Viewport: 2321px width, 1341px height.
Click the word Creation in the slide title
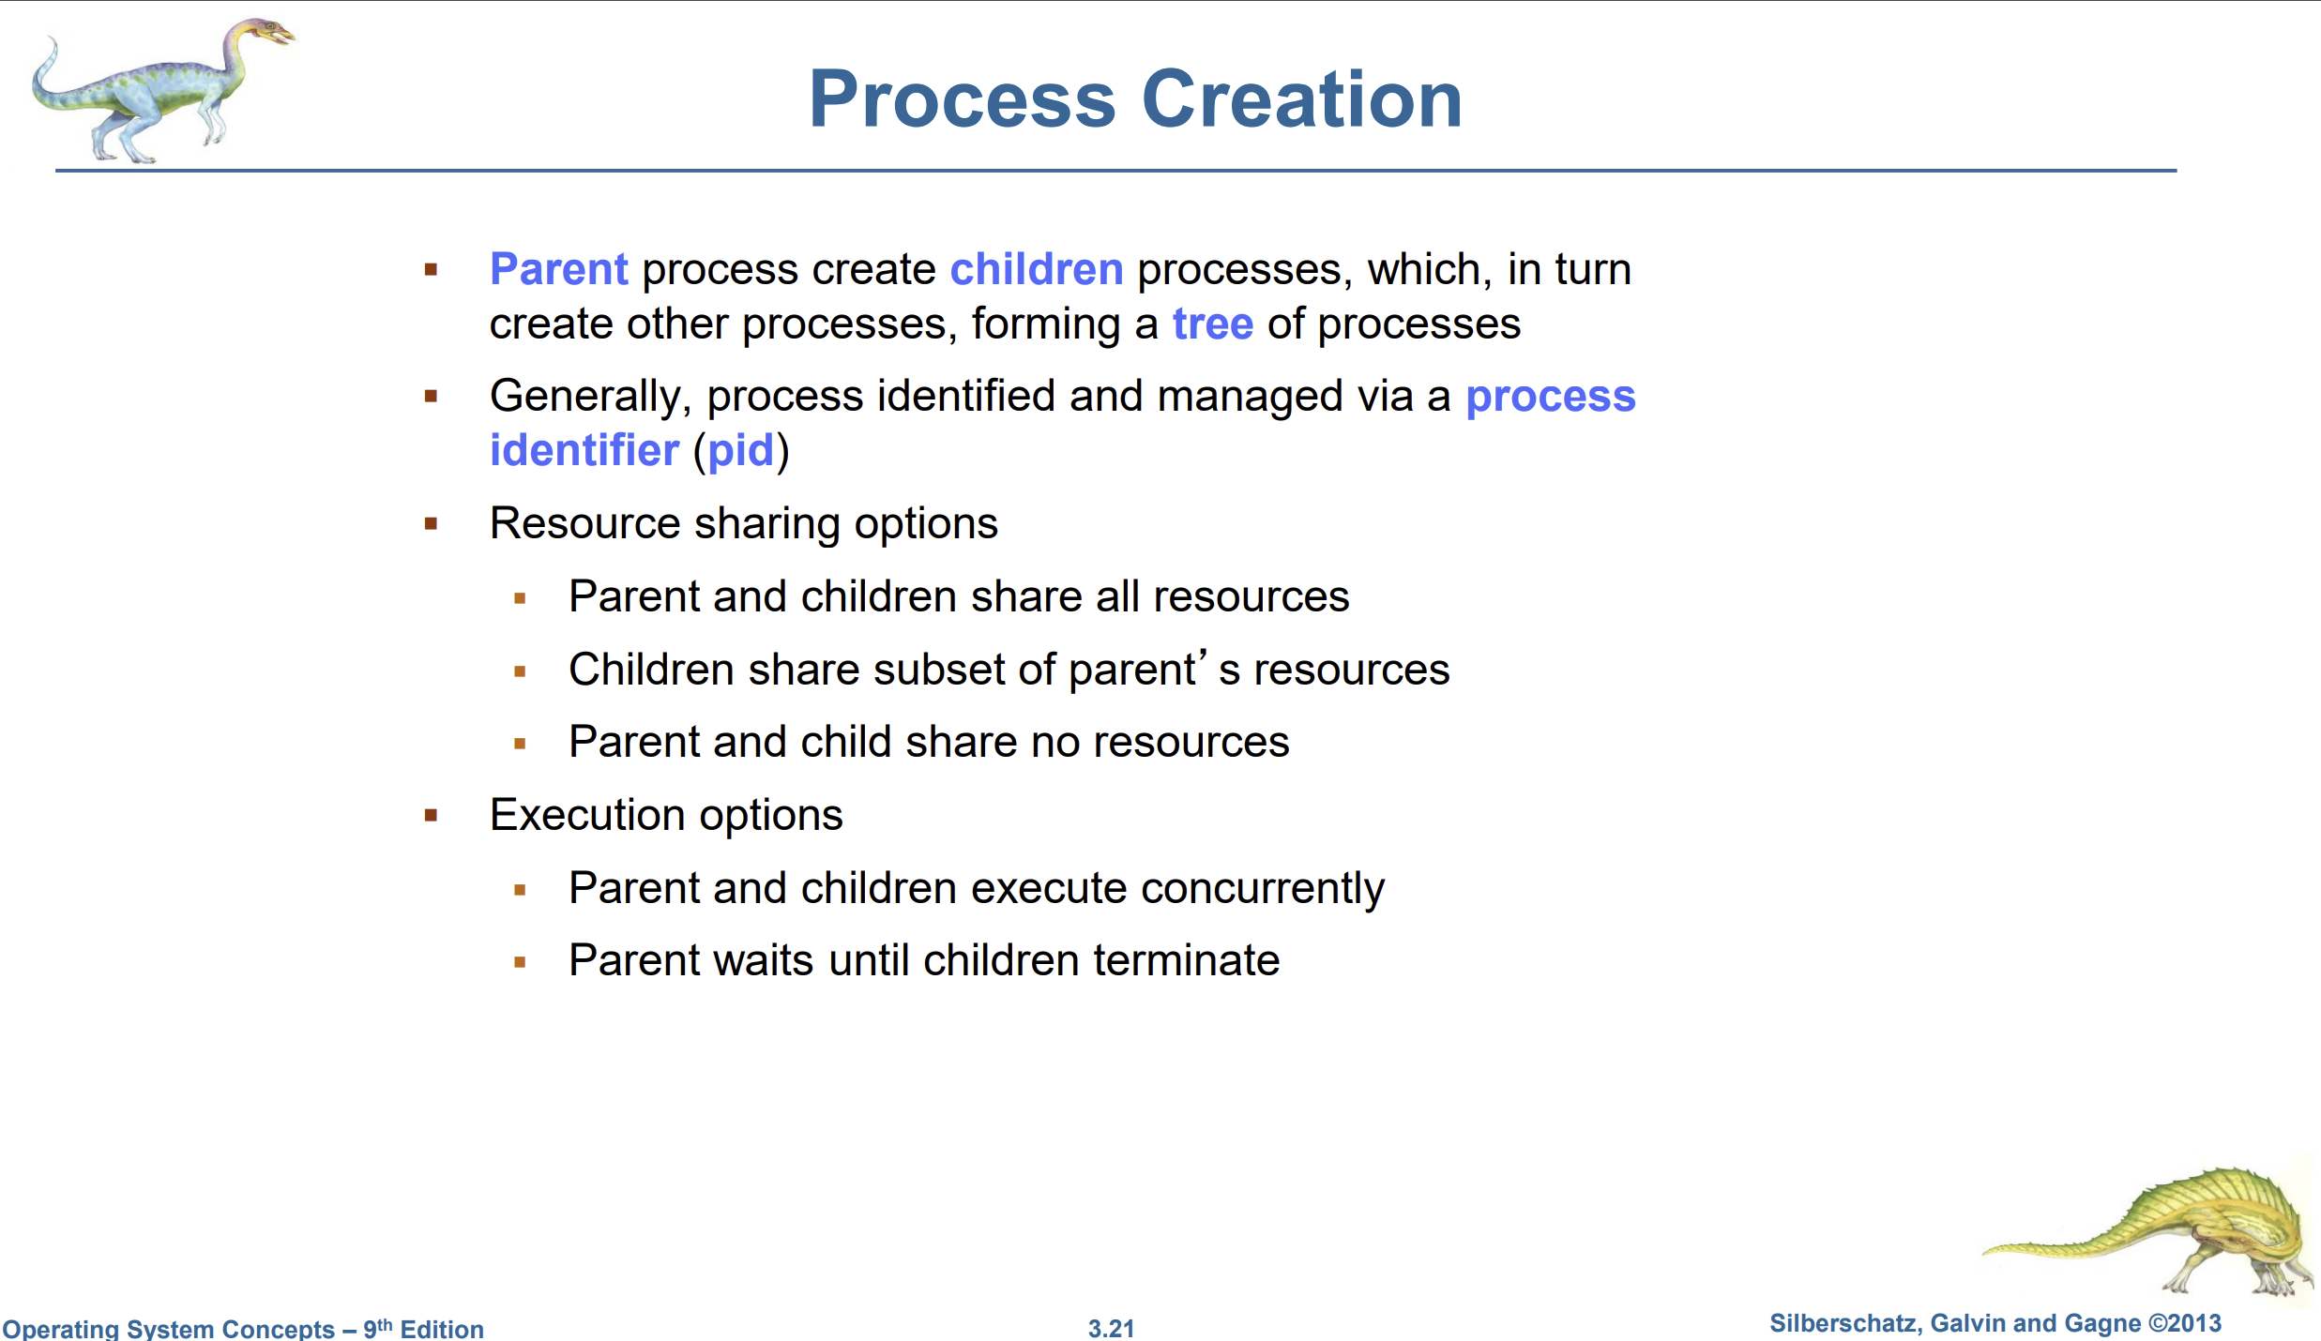point(1302,98)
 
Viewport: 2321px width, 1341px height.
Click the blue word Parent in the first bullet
point(559,269)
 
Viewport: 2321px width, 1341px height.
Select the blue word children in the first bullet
point(1037,269)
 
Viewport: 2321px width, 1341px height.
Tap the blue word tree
point(1213,324)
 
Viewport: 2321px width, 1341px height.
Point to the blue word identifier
point(584,450)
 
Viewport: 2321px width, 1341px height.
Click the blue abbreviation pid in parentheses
point(741,452)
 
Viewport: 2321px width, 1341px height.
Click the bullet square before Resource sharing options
point(432,523)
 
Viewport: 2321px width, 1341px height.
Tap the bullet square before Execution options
point(432,815)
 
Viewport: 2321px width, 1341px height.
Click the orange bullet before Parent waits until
point(520,961)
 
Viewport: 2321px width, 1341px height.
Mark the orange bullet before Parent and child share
point(520,744)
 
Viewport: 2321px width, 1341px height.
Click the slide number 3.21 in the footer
point(1111,1328)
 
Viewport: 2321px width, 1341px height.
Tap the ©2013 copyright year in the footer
point(2185,1323)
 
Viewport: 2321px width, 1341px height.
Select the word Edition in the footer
point(442,1329)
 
